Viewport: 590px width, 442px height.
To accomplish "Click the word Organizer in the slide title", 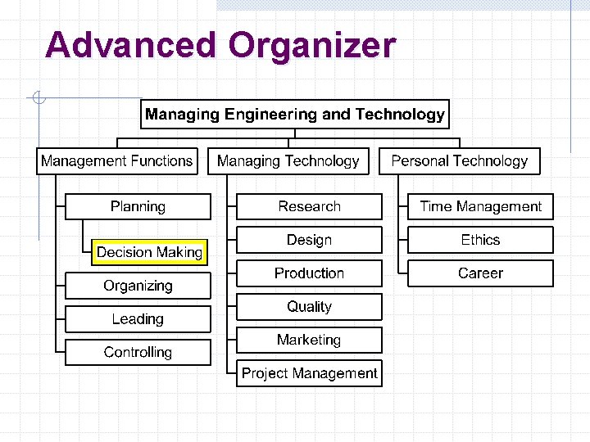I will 312,46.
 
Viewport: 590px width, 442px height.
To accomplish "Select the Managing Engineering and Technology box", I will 295,115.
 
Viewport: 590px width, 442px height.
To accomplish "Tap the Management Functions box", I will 117,161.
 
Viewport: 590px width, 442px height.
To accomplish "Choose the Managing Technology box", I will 288,161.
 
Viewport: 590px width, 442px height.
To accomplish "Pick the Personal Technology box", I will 460,161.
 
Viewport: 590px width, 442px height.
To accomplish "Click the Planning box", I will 138,207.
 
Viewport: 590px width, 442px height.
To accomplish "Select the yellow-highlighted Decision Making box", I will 149,252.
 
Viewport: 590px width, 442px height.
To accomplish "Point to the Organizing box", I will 138,286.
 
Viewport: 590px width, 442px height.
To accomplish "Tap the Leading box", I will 138,319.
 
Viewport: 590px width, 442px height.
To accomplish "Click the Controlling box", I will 138,353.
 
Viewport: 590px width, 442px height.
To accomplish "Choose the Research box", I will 309,207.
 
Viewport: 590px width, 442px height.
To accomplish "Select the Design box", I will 309,240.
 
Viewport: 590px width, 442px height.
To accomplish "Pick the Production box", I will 309,273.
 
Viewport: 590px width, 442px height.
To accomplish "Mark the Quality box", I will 309,307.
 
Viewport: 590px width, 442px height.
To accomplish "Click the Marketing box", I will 309,340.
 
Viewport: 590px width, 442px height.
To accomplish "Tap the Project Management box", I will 309,373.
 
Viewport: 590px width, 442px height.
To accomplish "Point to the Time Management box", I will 480,207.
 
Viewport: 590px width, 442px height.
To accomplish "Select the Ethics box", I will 480,240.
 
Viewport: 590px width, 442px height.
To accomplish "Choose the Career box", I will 480,273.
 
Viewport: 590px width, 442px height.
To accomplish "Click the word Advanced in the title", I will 131,46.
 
